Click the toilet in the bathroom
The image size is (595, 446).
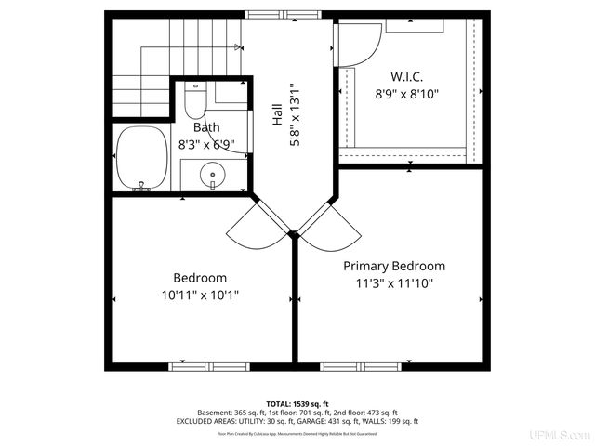pos(193,97)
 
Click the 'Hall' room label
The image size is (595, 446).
pos(277,116)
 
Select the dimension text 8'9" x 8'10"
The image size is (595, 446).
pos(406,94)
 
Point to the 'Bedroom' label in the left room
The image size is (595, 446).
pos(200,278)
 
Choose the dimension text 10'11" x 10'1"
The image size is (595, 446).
pos(200,295)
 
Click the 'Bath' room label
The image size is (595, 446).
pos(205,126)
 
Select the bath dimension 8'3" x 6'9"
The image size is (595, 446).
pos(205,145)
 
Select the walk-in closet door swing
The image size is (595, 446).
pos(357,43)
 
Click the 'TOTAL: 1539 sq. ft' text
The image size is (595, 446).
pos(297,403)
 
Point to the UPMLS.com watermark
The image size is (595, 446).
pos(559,435)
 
